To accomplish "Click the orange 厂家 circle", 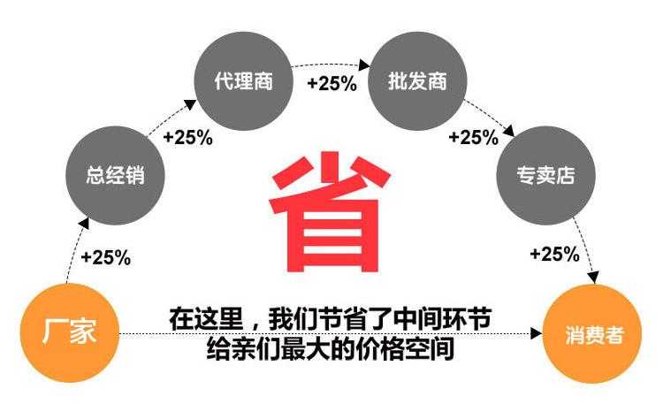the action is coord(69,332).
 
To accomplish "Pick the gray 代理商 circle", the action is coord(244,81).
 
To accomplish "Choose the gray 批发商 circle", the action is coord(416,82).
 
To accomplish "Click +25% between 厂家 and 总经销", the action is coord(105,257).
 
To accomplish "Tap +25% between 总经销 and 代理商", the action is coord(187,137).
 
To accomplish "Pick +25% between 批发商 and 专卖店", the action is coord(474,137).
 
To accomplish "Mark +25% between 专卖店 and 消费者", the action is coord(554,255).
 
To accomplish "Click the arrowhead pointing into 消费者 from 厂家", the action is coord(535,333).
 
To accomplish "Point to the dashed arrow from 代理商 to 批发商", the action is coord(331,64).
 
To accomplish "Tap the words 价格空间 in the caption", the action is coord(407,348).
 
